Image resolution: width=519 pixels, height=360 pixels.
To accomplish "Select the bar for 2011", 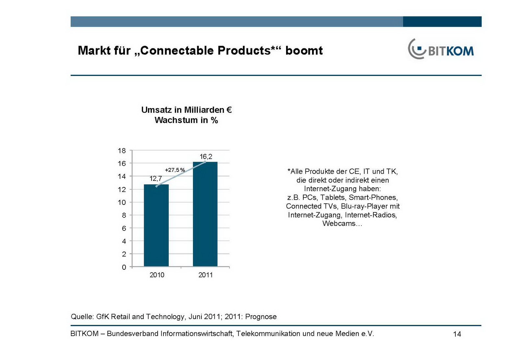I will click(x=205, y=214).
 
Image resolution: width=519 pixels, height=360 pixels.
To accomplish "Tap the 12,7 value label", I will click(x=156, y=179).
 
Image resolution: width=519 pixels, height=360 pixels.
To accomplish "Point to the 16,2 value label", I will click(x=206, y=156).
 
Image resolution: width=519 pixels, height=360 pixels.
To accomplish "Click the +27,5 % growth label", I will click(x=175, y=170).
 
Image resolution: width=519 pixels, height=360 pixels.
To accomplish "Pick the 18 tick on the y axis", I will click(x=122, y=151).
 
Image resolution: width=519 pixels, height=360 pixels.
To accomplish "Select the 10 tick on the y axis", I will click(x=122, y=202).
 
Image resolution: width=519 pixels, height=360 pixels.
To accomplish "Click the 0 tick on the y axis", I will click(x=124, y=267).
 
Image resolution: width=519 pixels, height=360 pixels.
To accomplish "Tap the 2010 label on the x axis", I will click(x=157, y=275).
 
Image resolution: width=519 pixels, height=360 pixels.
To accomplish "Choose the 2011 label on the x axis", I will click(x=206, y=275).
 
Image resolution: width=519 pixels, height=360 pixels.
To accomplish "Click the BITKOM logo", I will click(x=441, y=50).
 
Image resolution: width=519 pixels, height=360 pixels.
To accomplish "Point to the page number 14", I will click(x=457, y=334).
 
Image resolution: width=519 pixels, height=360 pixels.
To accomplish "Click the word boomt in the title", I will click(x=304, y=51).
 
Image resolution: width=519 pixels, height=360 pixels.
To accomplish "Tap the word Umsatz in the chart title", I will click(x=156, y=110).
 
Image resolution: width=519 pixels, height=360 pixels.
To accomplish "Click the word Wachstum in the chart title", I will click(x=176, y=120).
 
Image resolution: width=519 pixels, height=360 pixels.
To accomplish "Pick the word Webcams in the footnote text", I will click(x=339, y=223).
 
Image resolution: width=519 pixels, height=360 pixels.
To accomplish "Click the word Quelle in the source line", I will click(x=82, y=317).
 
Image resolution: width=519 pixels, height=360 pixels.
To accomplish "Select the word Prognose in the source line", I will click(x=261, y=317).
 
